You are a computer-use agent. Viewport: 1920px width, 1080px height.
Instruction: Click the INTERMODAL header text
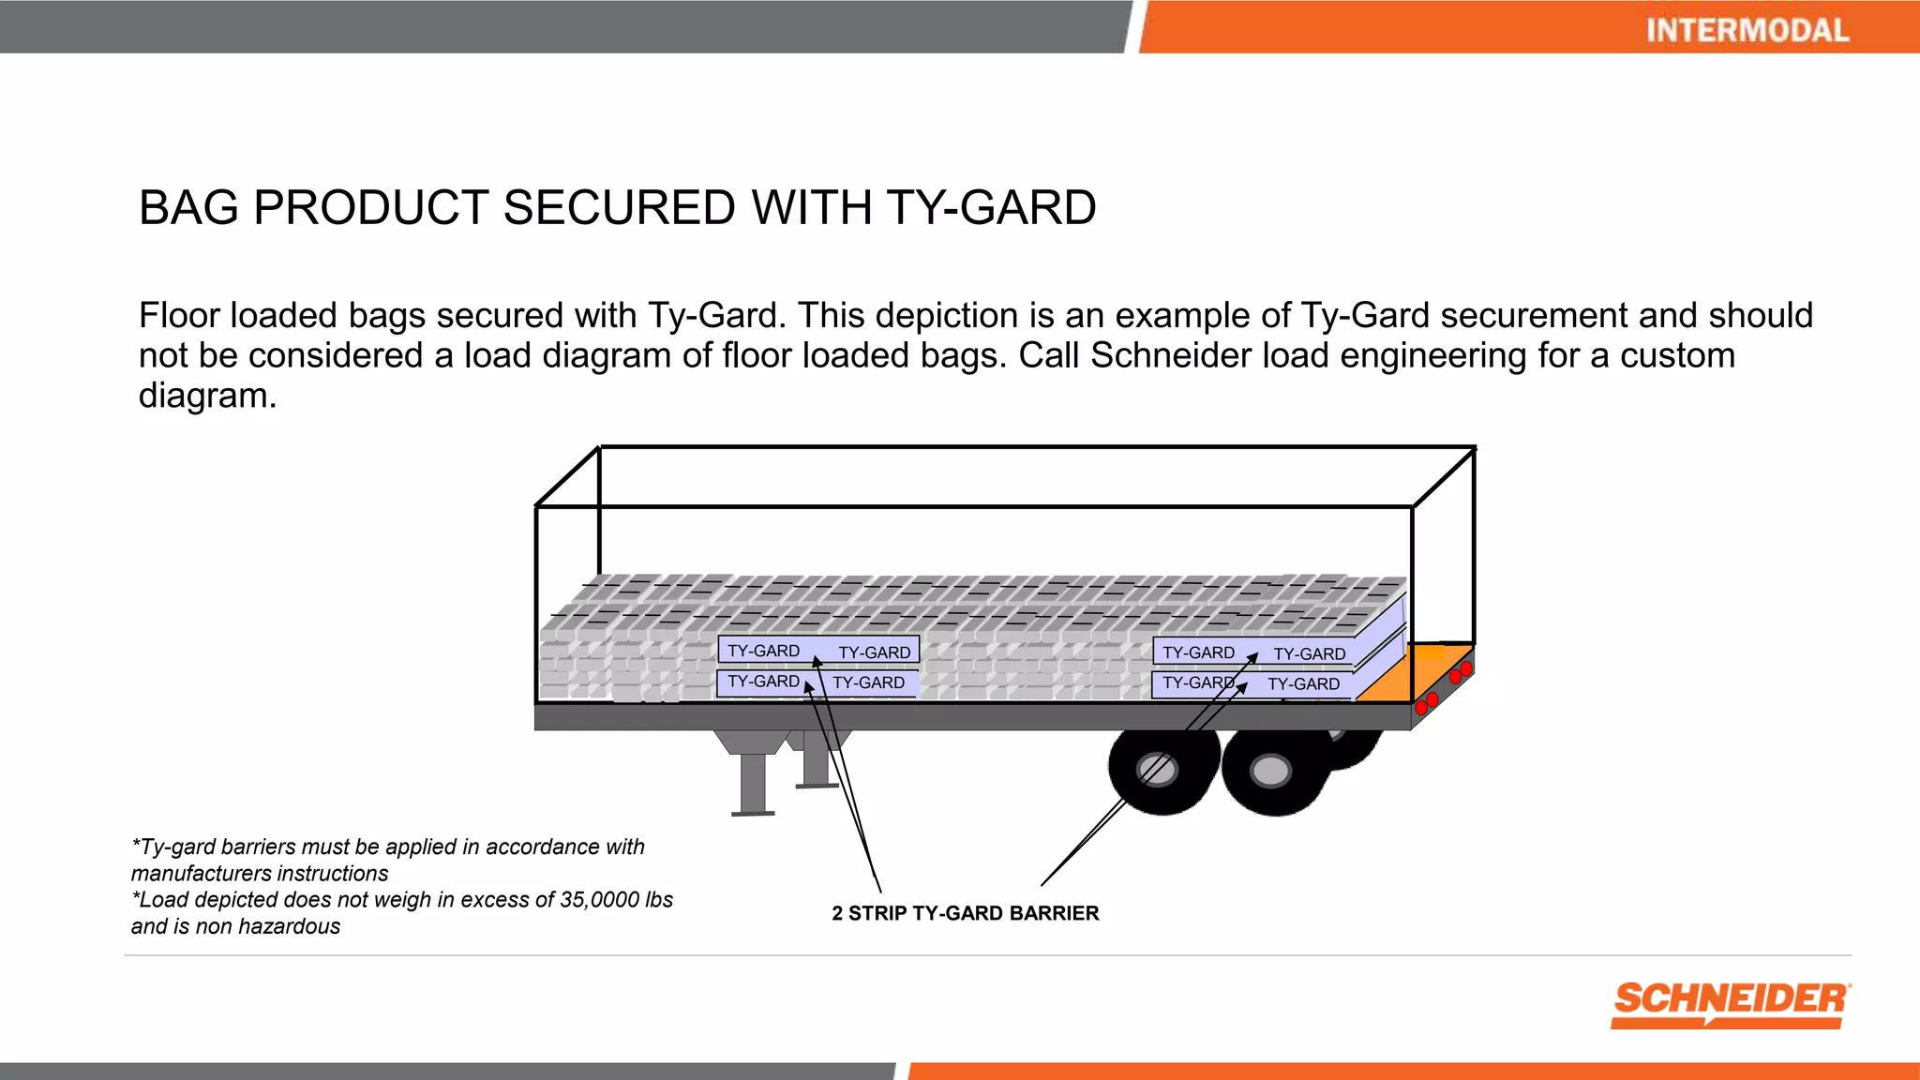pos(1747,30)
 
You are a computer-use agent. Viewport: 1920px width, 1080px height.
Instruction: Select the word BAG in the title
pos(188,207)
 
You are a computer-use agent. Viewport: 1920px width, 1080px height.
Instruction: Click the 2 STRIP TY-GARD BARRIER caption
pos(965,913)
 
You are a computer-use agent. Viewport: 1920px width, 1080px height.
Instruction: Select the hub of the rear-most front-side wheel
pos(1270,772)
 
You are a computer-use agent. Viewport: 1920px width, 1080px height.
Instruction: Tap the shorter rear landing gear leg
pos(815,759)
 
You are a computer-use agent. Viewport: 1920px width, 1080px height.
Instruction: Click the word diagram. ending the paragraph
pos(207,397)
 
